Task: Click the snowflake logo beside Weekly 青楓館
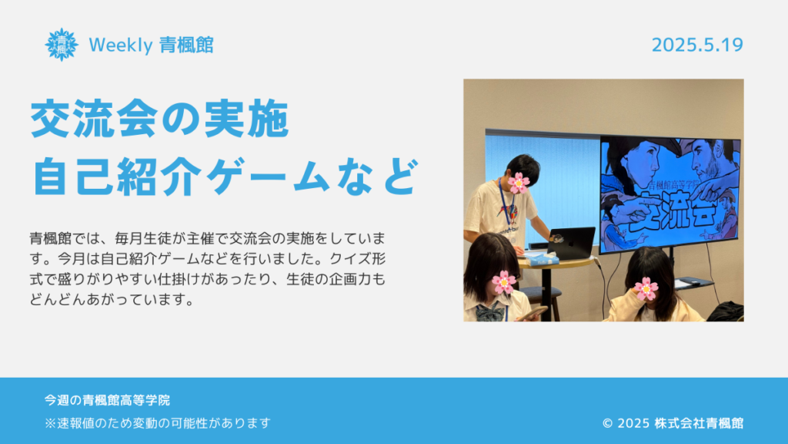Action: pos(62,45)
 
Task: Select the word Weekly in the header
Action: pos(121,45)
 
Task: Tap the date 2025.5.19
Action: pos(697,45)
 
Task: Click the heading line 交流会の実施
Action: pos(160,119)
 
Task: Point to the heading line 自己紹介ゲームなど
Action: pos(225,177)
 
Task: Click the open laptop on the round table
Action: pos(571,244)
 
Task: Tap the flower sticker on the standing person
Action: pos(518,183)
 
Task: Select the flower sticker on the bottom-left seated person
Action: pos(503,282)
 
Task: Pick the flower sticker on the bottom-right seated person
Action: pos(646,289)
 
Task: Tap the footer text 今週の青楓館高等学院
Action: pos(107,400)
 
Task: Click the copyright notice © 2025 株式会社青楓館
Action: pos(673,423)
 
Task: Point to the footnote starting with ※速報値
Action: pos(158,423)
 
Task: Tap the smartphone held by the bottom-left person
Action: pos(532,313)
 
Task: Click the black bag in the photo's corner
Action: pos(726,311)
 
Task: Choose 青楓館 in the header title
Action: pos(186,45)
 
